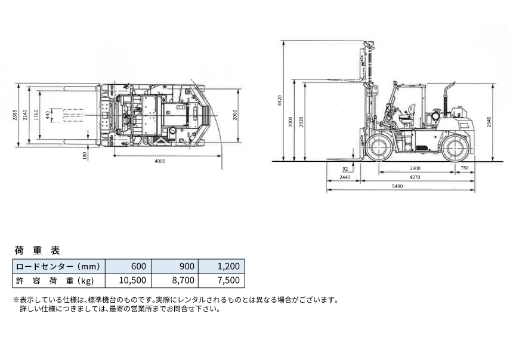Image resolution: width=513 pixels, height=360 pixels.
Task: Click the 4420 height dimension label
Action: coord(280,100)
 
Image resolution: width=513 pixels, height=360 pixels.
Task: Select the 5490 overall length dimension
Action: coord(397,186)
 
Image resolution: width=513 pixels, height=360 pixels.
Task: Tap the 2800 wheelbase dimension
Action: coord(415,168)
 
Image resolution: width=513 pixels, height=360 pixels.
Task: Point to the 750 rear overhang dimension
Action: coord(465,168)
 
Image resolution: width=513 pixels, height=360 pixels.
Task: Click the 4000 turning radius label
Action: coord(160,161)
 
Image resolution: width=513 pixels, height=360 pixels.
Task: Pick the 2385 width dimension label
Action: coord(15,115)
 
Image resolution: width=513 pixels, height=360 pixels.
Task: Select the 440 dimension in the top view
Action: coord(48,115)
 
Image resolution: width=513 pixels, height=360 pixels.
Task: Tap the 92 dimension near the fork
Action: coord(345,169)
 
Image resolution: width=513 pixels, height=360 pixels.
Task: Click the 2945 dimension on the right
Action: coord(489,122)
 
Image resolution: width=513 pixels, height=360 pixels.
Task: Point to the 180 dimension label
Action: coord(85,156)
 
